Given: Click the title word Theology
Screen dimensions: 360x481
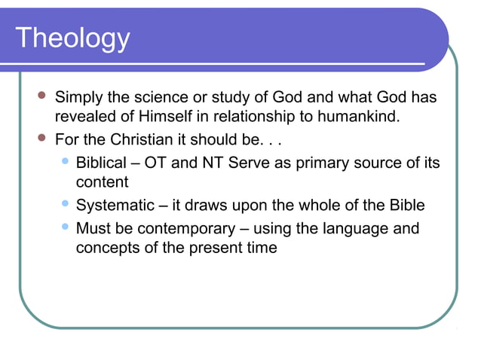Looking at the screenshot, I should click(x=72, y=38).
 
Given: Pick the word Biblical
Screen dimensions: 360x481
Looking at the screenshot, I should click(x=101, y=163).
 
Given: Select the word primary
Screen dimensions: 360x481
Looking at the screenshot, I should click(x=322, y=163).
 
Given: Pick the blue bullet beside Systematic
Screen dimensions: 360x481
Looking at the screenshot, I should click(x=64, y=204).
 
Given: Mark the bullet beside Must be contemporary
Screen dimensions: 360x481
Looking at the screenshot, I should click(x=64, y=227).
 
